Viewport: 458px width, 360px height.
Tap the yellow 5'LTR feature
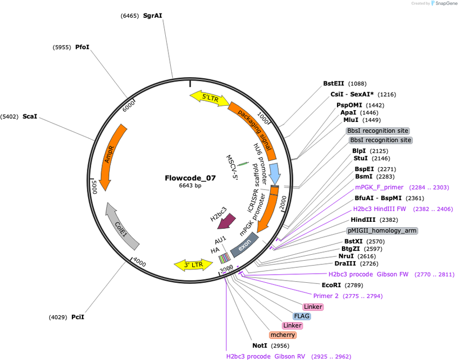point(210,98)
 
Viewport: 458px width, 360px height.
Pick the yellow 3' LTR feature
point(193,265)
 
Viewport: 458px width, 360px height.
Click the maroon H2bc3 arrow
point(227,221)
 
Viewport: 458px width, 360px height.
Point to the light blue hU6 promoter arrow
point(274,173)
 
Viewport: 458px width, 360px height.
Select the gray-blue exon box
point(245,245)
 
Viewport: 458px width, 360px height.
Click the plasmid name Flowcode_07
point(190,178)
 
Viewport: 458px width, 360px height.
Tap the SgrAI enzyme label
point(152,16)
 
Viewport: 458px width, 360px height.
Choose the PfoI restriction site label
point(83,47)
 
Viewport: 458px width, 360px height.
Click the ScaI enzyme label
point(30,117)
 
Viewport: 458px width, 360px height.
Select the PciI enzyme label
point(78,317)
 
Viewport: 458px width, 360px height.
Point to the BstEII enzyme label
point(334,84)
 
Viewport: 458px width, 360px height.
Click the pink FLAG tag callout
point(302,316)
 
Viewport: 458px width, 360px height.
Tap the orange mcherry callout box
point(283,335)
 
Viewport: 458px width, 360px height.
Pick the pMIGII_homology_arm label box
point(382,230)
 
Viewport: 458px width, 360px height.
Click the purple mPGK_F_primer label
point(379,187)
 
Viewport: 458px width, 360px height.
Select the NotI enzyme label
point(260,345)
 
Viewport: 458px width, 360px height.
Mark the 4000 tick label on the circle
point(139,262)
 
